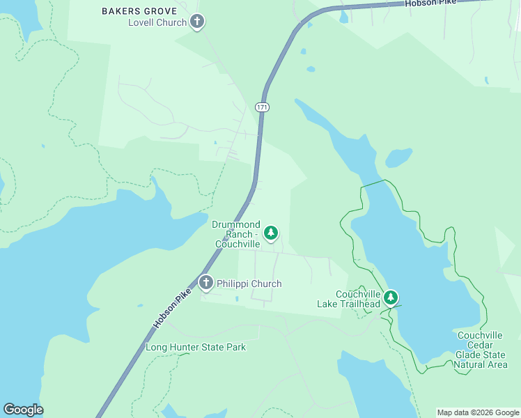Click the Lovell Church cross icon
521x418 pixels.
tap(197, 22)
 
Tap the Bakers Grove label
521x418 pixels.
tap(139, 11)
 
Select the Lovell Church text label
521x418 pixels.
tap(157, 22)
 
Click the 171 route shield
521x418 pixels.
tap(261, 107)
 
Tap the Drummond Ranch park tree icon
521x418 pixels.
tap(271, 233)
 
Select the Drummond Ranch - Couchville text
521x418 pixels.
tap(237, 234)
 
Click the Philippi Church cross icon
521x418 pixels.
tap(205, 283)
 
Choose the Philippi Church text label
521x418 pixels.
tap(249, 284)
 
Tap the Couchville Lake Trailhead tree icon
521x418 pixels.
tap(391, 298)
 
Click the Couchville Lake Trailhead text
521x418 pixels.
tap(349, 299)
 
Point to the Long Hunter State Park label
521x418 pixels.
tap(196, 347)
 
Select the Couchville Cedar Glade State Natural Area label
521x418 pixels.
tap(481, 350)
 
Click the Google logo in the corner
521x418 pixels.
tap(23, 410)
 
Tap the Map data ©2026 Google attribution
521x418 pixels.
tap(478, 412)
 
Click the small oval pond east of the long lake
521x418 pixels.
tap(398, 158)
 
